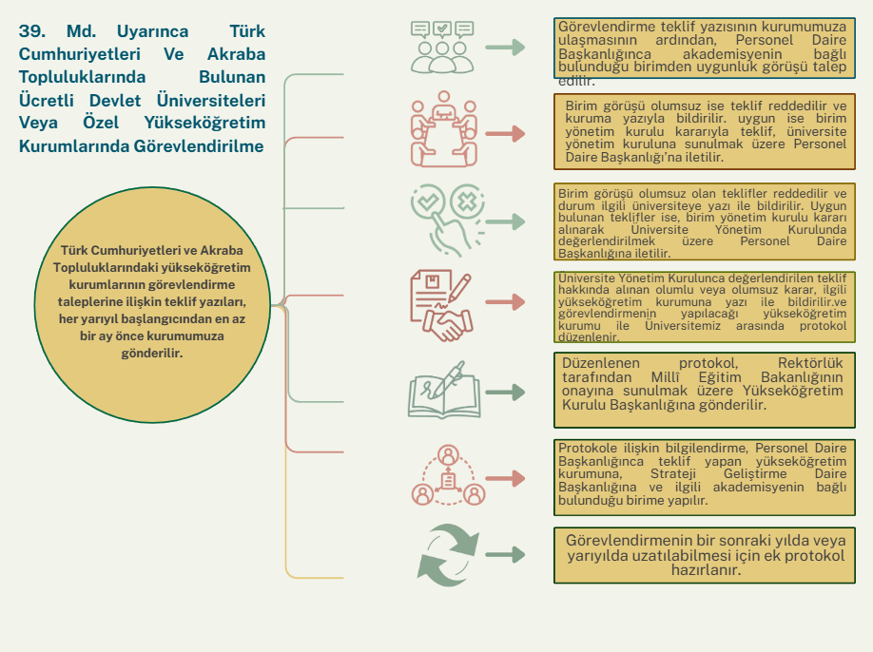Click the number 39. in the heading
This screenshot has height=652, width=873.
pos(33,31)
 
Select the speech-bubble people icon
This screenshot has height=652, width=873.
pos(442,47)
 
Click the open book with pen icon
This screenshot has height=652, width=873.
pos(441,390)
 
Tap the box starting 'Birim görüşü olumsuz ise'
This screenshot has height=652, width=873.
pos(705,130)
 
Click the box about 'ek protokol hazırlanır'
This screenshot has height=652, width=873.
pos(705,555)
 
